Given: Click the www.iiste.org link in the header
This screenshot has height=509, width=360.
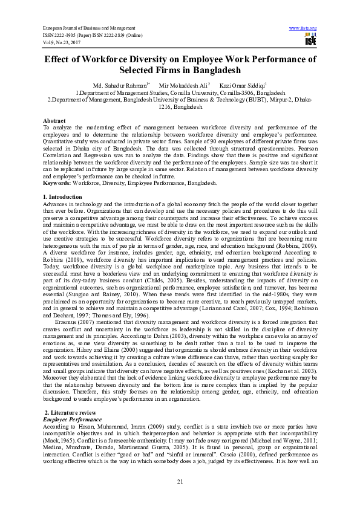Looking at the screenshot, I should pos(303,28).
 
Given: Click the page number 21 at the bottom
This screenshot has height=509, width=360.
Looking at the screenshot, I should pos(180,481).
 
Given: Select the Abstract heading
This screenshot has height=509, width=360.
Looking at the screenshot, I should pos(55,121).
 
